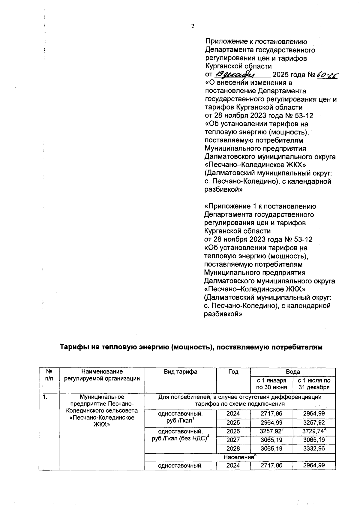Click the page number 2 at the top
193,26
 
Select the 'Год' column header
233,372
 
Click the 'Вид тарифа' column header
180,372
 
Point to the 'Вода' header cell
293,372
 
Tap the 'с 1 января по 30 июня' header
271,384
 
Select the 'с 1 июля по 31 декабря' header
314,384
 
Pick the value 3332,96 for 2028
314,448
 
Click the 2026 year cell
233,431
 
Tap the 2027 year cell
233,440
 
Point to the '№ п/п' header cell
49,375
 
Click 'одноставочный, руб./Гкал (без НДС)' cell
180,435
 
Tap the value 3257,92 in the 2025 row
314,423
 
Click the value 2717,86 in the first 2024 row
271,414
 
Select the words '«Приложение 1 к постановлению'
260,206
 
